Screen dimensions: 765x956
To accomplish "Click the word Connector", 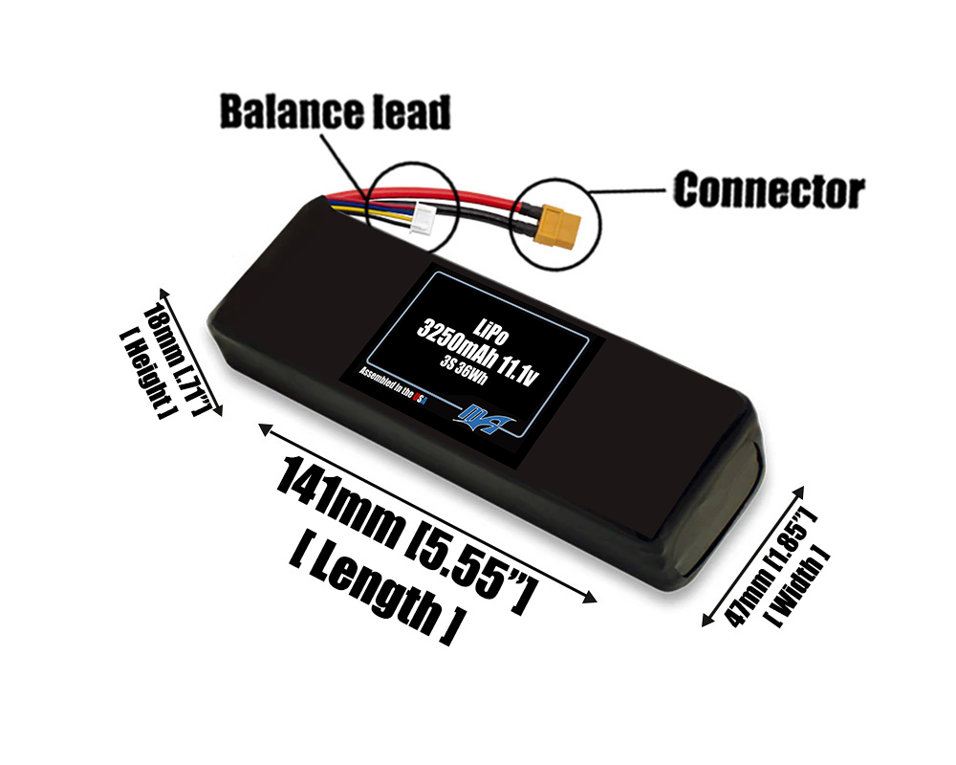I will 769,190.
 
